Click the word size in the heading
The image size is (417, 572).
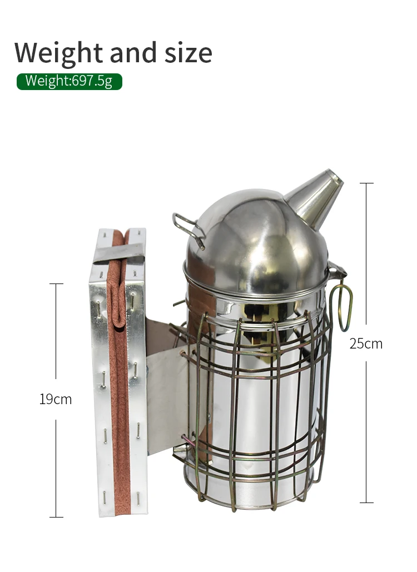pos(188,53)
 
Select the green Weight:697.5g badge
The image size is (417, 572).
pos(69,81)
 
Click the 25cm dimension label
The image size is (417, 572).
pos(366,344)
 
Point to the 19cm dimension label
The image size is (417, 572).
pos(56,399)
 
